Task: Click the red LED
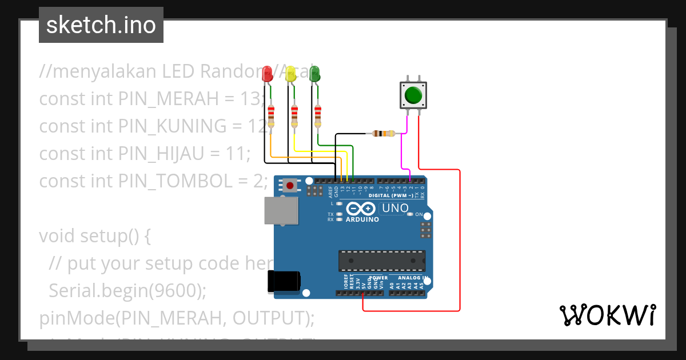coord(267,74)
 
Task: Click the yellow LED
coord(290,74)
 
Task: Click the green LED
coord(314,74)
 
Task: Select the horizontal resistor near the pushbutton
coord(383,134)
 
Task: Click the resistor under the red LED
coord(271,116)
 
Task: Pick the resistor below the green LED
coord(318,116)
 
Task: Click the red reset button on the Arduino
coord(290,185)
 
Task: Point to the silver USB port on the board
coord(281,210)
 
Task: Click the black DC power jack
coord(284,281)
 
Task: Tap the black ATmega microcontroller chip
coord(381,260)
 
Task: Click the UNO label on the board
coord(395,209)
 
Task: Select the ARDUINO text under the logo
coord(362,219)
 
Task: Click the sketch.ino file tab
coord(101,25)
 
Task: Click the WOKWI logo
coord(607,315)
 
